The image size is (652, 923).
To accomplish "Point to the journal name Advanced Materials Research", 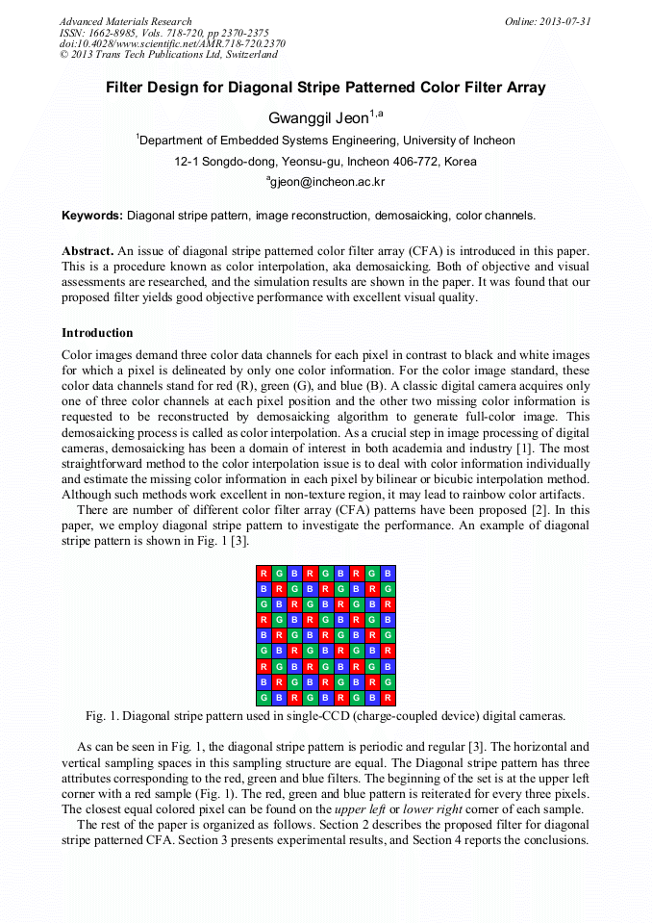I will coord(126,21).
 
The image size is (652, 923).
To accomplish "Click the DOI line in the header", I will coord(172,43).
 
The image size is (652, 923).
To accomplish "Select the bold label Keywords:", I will coord(92,216).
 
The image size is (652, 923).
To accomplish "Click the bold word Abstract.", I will coord(88,250).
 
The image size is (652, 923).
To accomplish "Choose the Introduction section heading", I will coord(97,333).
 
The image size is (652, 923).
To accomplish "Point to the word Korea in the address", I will coord(461,162).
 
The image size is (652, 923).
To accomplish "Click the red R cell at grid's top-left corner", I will coord(263,574).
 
